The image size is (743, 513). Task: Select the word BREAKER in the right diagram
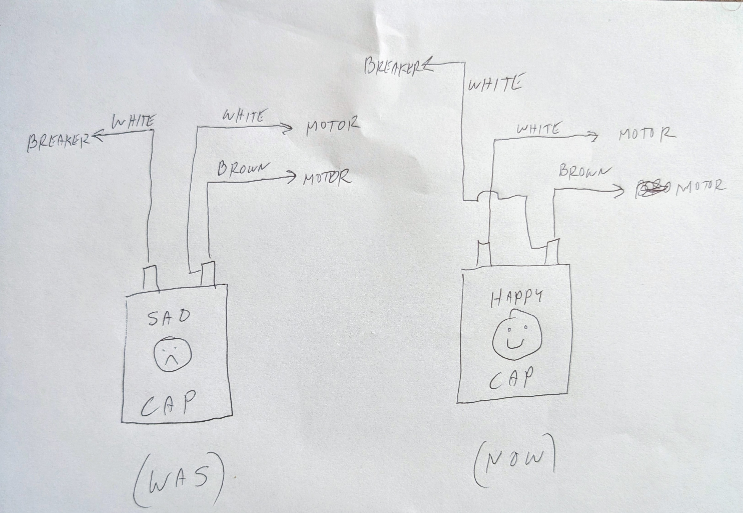click(394, 67)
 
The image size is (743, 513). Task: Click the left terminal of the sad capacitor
click(150, 278)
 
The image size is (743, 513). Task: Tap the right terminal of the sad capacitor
click(208, 274)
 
